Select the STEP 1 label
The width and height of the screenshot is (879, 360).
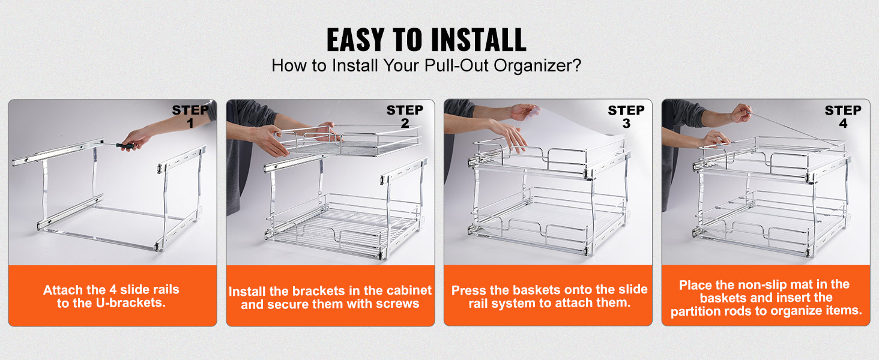click(190, 116)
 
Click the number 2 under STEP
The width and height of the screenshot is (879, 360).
click(405, 123)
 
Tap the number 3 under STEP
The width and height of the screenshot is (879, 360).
click(626, 124)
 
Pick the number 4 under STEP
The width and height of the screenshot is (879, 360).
click(843, 124)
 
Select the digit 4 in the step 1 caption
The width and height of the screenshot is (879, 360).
click(113, 290)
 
